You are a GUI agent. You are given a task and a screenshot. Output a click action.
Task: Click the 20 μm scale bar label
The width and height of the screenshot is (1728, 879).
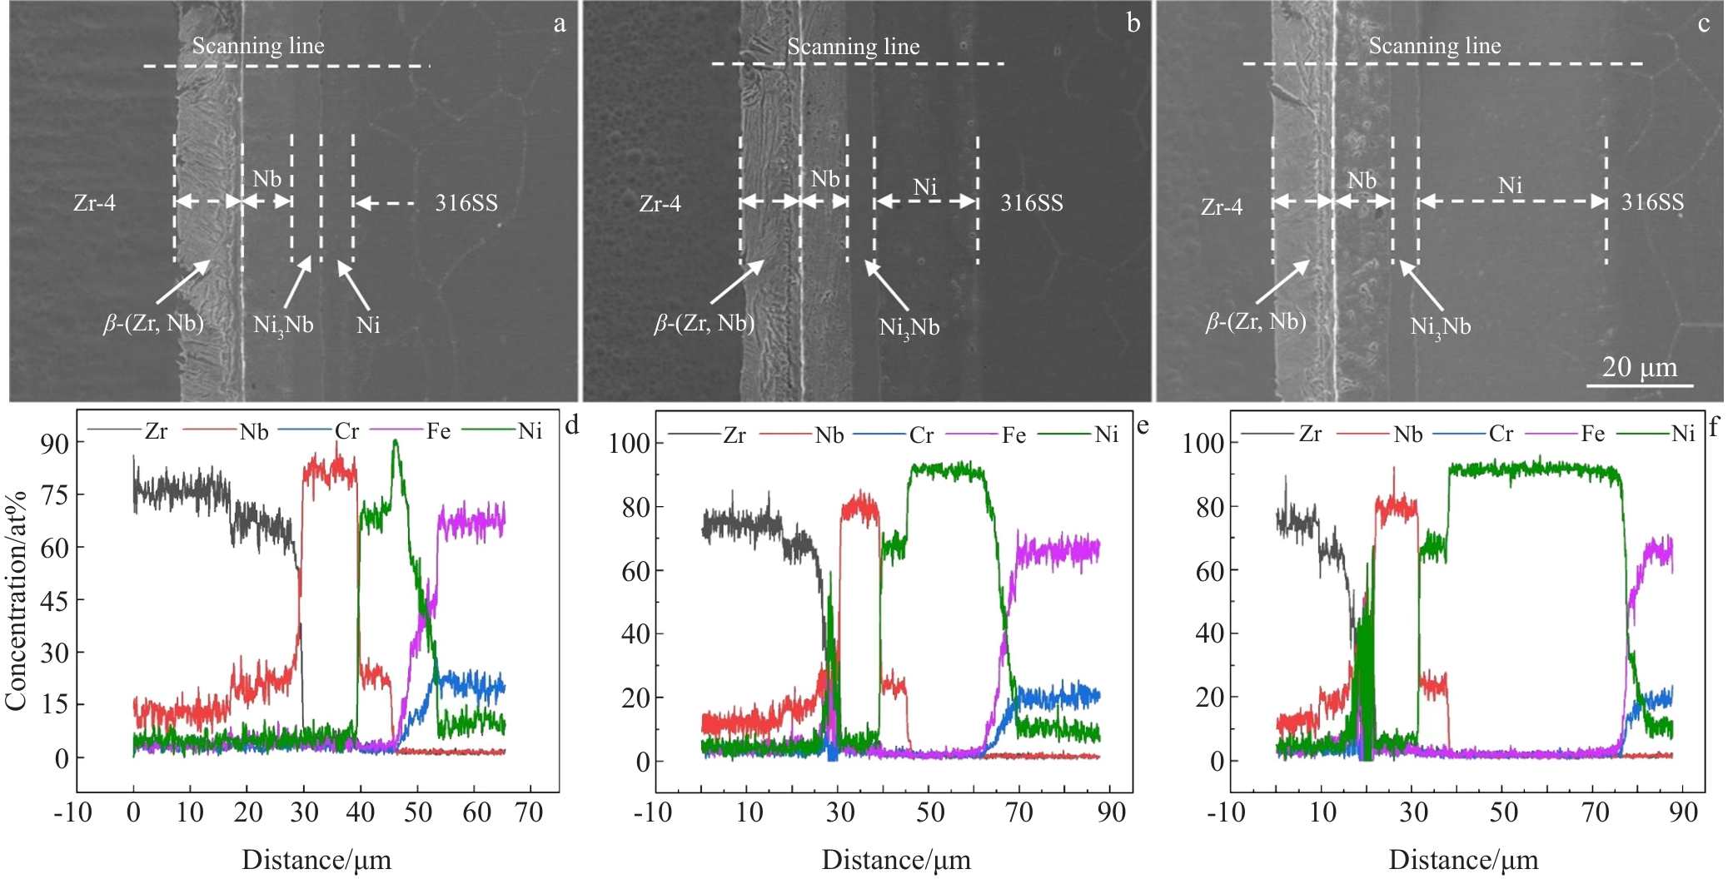pyautogui.click(x=1639, y=367)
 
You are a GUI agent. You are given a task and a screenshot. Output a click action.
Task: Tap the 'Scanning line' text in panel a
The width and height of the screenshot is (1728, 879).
pyautogui.click(x=258, y=46)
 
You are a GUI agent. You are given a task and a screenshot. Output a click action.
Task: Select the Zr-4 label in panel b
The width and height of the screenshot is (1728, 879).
pyautogui.click(x=660, y=203)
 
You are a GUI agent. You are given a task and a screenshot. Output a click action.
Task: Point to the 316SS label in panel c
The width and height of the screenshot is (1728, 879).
pyautogui.click(x=1652, y=202)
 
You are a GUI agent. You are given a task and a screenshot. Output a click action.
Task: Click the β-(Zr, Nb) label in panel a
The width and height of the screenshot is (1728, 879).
pyautogui.click(x=153, y=323)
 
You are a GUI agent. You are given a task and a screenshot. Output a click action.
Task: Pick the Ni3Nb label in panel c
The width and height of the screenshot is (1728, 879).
pyautogui.click(x=1440, y=326)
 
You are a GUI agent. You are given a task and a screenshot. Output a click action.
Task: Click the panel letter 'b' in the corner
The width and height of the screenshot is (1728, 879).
pyautogui.click(x=1133, y=22)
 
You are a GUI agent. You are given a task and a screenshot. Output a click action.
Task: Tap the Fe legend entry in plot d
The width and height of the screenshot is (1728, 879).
pyautogui.click(x=438, y=431)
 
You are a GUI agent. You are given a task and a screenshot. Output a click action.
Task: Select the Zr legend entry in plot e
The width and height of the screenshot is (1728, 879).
pyautogui.click(x=735, y=435)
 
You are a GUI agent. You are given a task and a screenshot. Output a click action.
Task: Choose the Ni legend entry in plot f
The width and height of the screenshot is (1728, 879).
pyautogui.click(x=1683, y=433)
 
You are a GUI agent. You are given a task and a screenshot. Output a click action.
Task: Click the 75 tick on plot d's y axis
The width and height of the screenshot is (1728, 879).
pyautogui.click(x=55, y=494)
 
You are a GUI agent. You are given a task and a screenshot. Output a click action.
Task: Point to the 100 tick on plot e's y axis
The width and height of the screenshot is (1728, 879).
pyautogui.click(x=629, y=443)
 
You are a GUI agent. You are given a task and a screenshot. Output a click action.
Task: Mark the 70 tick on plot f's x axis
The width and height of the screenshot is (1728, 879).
pyautogui.click(x=1595, y=812)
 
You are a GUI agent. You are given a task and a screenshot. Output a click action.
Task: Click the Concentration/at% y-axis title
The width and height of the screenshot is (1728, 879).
pyautogui.click(x=16, y=599)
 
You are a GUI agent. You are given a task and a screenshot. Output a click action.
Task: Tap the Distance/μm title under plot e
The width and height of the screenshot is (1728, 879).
pyautogui.click(x=896, y=860)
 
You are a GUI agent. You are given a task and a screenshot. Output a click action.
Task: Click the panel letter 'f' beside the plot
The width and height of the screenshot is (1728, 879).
pyautogui.click(x=1713, y=428)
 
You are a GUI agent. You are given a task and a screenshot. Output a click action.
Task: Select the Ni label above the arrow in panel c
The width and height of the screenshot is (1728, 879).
pyautogui.click(x=1510, y=185)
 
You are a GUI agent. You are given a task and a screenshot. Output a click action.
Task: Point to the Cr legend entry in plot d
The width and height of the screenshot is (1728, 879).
pyautogui.click(x=346, y=431)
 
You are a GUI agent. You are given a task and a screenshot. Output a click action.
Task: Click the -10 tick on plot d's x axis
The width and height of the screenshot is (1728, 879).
pyautogui.click(x=72, y=812)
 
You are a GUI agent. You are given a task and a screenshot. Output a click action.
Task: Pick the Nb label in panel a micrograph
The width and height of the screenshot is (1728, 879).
pyautogui.click(x=266, y=179)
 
